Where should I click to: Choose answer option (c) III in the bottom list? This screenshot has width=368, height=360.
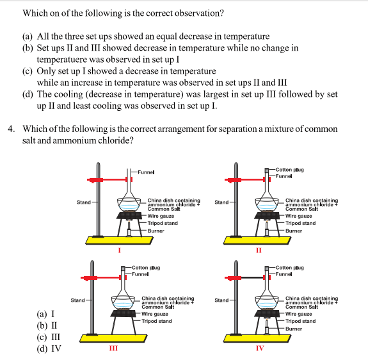point(49,338)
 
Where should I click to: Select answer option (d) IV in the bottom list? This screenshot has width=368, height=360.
point(49,350)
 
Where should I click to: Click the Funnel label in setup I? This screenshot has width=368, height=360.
point(146,172)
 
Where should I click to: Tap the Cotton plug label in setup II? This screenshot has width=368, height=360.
point(290,169)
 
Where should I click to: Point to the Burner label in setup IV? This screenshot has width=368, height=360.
point(293,329)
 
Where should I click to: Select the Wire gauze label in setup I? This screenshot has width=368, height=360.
point(161,216)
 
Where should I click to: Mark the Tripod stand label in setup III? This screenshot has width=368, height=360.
point(156,321)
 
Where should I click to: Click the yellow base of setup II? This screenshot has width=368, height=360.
point(258,240)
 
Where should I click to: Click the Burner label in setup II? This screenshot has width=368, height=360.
point(293,231)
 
